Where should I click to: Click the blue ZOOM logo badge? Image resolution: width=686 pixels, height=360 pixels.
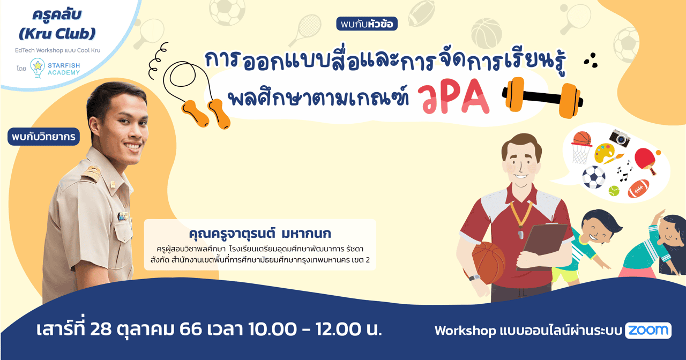point(648,331)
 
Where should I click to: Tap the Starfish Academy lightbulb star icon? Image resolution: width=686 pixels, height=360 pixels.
point(37,67)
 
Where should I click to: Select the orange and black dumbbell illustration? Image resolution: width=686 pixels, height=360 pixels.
point(542,97)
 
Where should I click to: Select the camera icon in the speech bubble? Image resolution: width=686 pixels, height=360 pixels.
point(620,138)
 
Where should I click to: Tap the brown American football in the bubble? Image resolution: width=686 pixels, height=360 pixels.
point(638,188)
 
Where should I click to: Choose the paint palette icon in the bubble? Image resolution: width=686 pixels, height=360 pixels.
point(606,154)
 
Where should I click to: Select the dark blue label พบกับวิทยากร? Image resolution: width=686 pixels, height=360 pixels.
point(44,137)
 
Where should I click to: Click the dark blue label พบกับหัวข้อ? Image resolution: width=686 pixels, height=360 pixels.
point(367,24)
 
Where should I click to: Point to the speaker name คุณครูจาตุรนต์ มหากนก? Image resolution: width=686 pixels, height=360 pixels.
point(260,234)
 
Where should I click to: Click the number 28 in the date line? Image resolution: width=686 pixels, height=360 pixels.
point(102,328)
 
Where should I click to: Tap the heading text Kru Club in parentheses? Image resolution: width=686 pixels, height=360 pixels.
point(57,34)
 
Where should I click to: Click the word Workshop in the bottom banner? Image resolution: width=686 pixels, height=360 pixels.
point(465,331)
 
